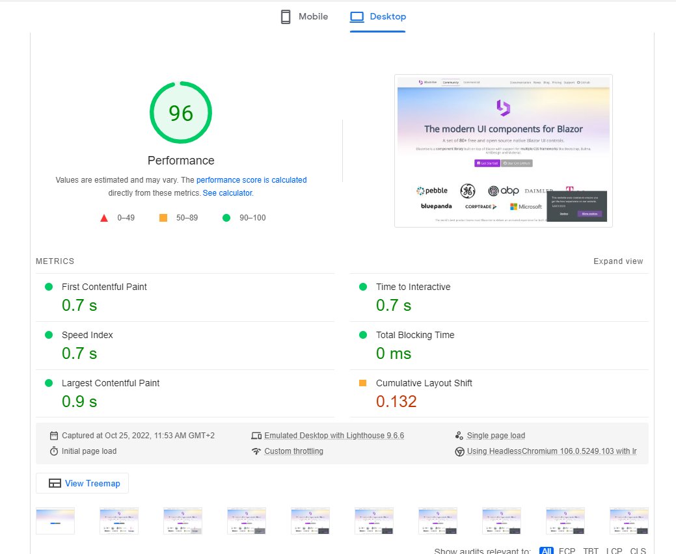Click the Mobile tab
[x=304, y=17]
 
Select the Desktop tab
[x=378, y=17]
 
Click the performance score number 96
[x=181, y=113]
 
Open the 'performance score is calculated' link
[x=251, y=180]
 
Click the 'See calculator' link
[x=227, y=193]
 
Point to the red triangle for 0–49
[x=104, y=218]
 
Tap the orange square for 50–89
[x=163, y=218]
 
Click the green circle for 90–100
[x=226, y=218]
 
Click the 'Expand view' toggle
[x=618, y=261]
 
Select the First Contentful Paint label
[x=104, y=287]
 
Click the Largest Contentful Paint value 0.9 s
[x=79, y=402]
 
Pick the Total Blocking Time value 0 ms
[x=394, y=354]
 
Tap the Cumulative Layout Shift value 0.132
[x=396, y=402]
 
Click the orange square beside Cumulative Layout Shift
[x=362, y=383]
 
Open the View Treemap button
[x=83, y=483]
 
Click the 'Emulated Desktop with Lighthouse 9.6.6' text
[x=334, y=436]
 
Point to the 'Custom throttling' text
[x=293, y=451]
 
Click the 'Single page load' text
[x=496, y=436]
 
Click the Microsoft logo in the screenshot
[x=526, y=207]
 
